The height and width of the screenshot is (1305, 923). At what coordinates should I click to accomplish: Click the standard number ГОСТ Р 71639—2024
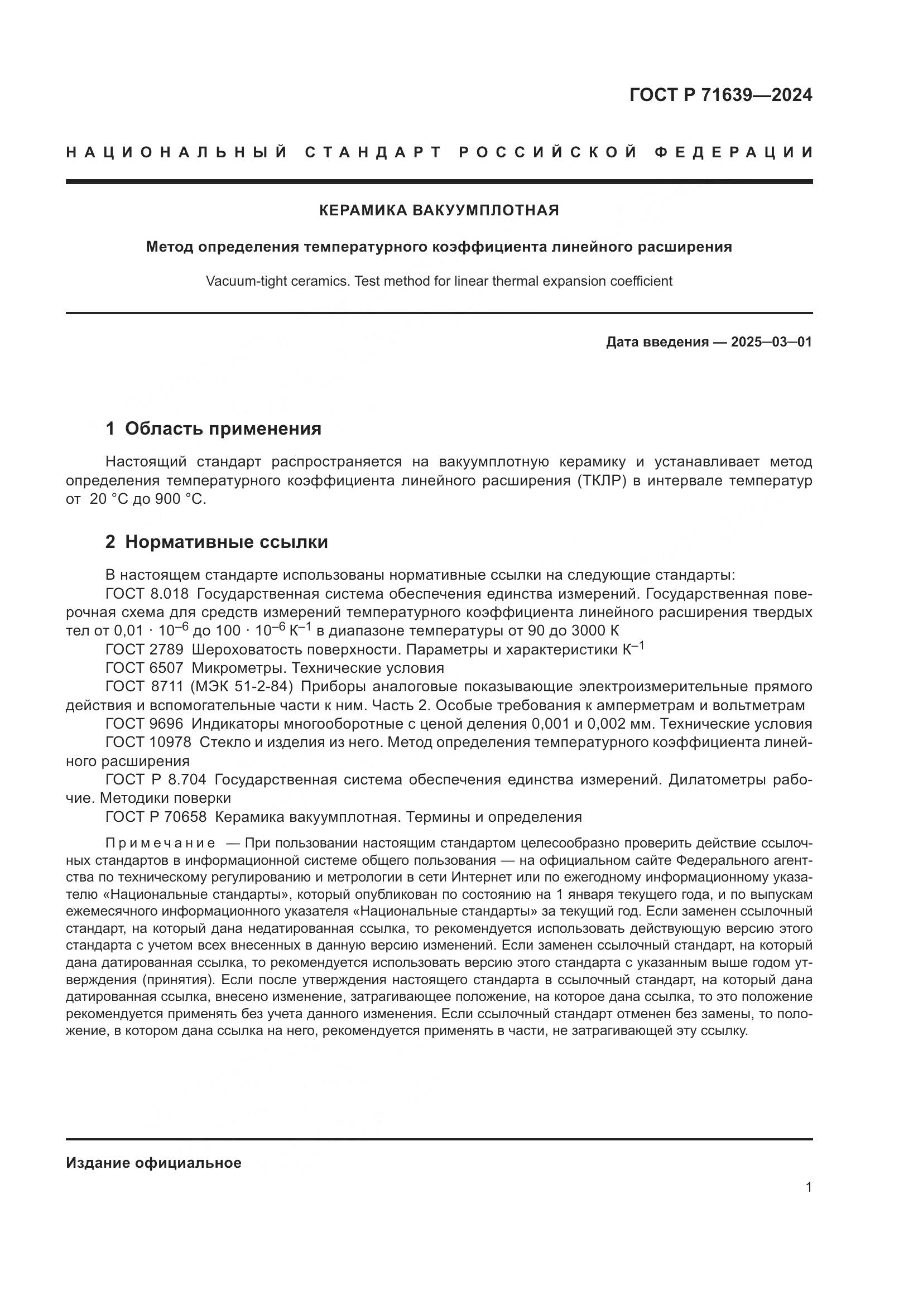coord(720,95)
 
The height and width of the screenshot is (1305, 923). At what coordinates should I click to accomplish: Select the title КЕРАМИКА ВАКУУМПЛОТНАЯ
coord(439,211)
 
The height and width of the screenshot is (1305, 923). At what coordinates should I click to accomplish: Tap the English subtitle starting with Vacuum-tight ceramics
coord(439,281)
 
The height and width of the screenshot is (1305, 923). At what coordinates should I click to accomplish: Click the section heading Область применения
coord(223,428)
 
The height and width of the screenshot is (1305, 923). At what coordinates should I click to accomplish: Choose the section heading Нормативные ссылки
coord(226,542)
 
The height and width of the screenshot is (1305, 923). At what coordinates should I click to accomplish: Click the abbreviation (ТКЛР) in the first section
coord(602,481)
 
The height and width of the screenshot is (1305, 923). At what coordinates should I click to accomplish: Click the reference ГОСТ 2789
coord(145,649)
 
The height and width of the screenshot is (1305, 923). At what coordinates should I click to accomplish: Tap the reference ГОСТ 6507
coord(145,668)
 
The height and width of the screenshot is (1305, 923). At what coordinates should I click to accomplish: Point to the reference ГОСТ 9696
coord(145,724)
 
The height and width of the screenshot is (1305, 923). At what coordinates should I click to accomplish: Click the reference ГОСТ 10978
coord(148,742)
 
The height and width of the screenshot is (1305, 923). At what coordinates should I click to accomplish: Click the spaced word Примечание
coord(160,843)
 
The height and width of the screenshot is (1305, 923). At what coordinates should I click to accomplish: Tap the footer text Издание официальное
coord(153,1163)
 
